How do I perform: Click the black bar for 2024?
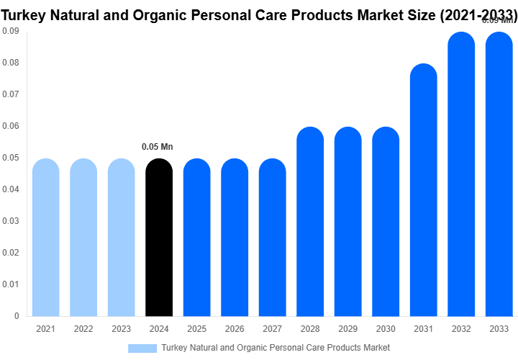pos(159,238)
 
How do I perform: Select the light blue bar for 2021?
pos(46,238)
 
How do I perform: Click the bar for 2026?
pos(235,238)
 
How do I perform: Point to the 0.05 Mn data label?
pos(158,147)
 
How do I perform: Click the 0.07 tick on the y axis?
pos(10,94)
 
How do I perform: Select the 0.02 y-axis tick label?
pos(10,253)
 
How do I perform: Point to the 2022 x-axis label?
pos(83,329)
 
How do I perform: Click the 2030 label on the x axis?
pos(386,329)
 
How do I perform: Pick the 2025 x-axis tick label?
pos(196,329)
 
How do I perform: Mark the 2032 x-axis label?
pos(461,329)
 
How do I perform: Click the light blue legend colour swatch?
pos(142,348)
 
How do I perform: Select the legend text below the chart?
pos(276,348)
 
